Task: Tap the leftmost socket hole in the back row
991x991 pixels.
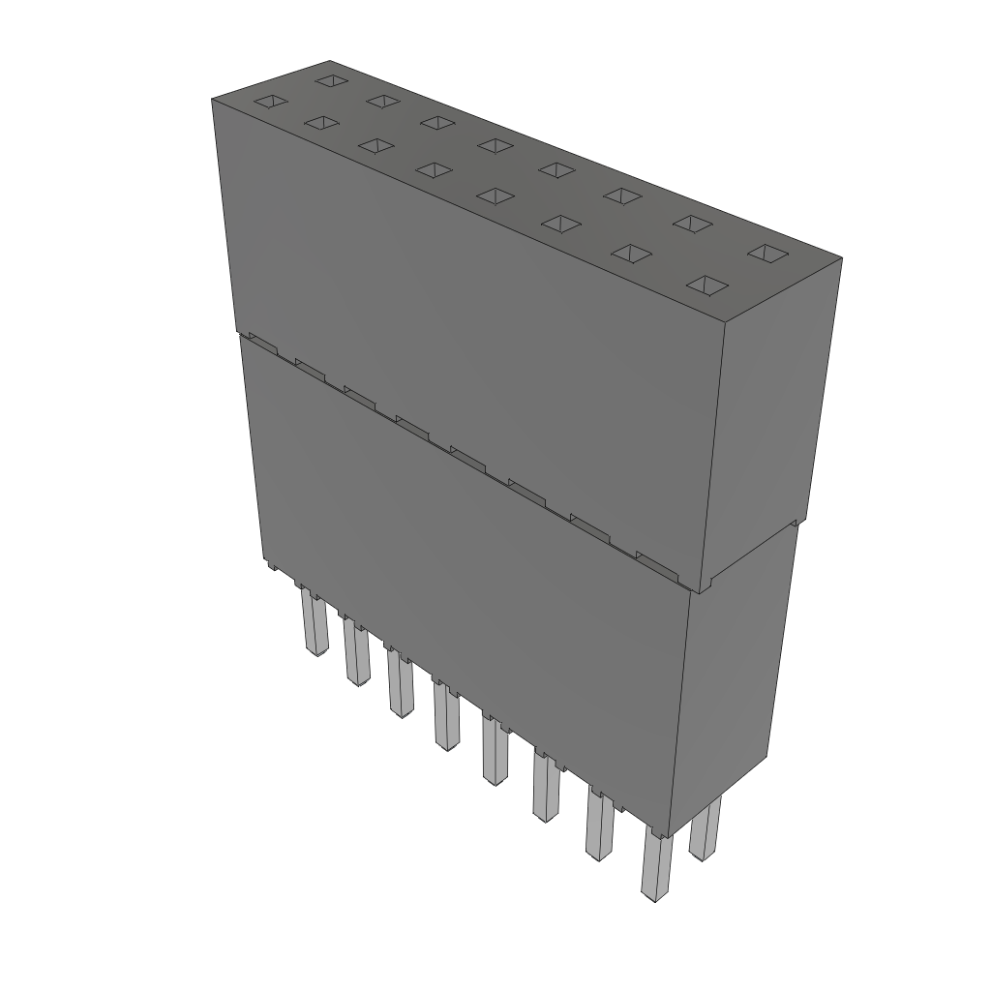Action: click(331, 79)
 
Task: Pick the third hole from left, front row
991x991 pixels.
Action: click(376, 145)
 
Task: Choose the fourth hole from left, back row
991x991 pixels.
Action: click(495, 144)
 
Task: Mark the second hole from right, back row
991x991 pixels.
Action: click(692, 223)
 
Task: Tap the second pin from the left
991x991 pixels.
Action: click(355, 653)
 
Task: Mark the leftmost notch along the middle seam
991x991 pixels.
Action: click(260, 340)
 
